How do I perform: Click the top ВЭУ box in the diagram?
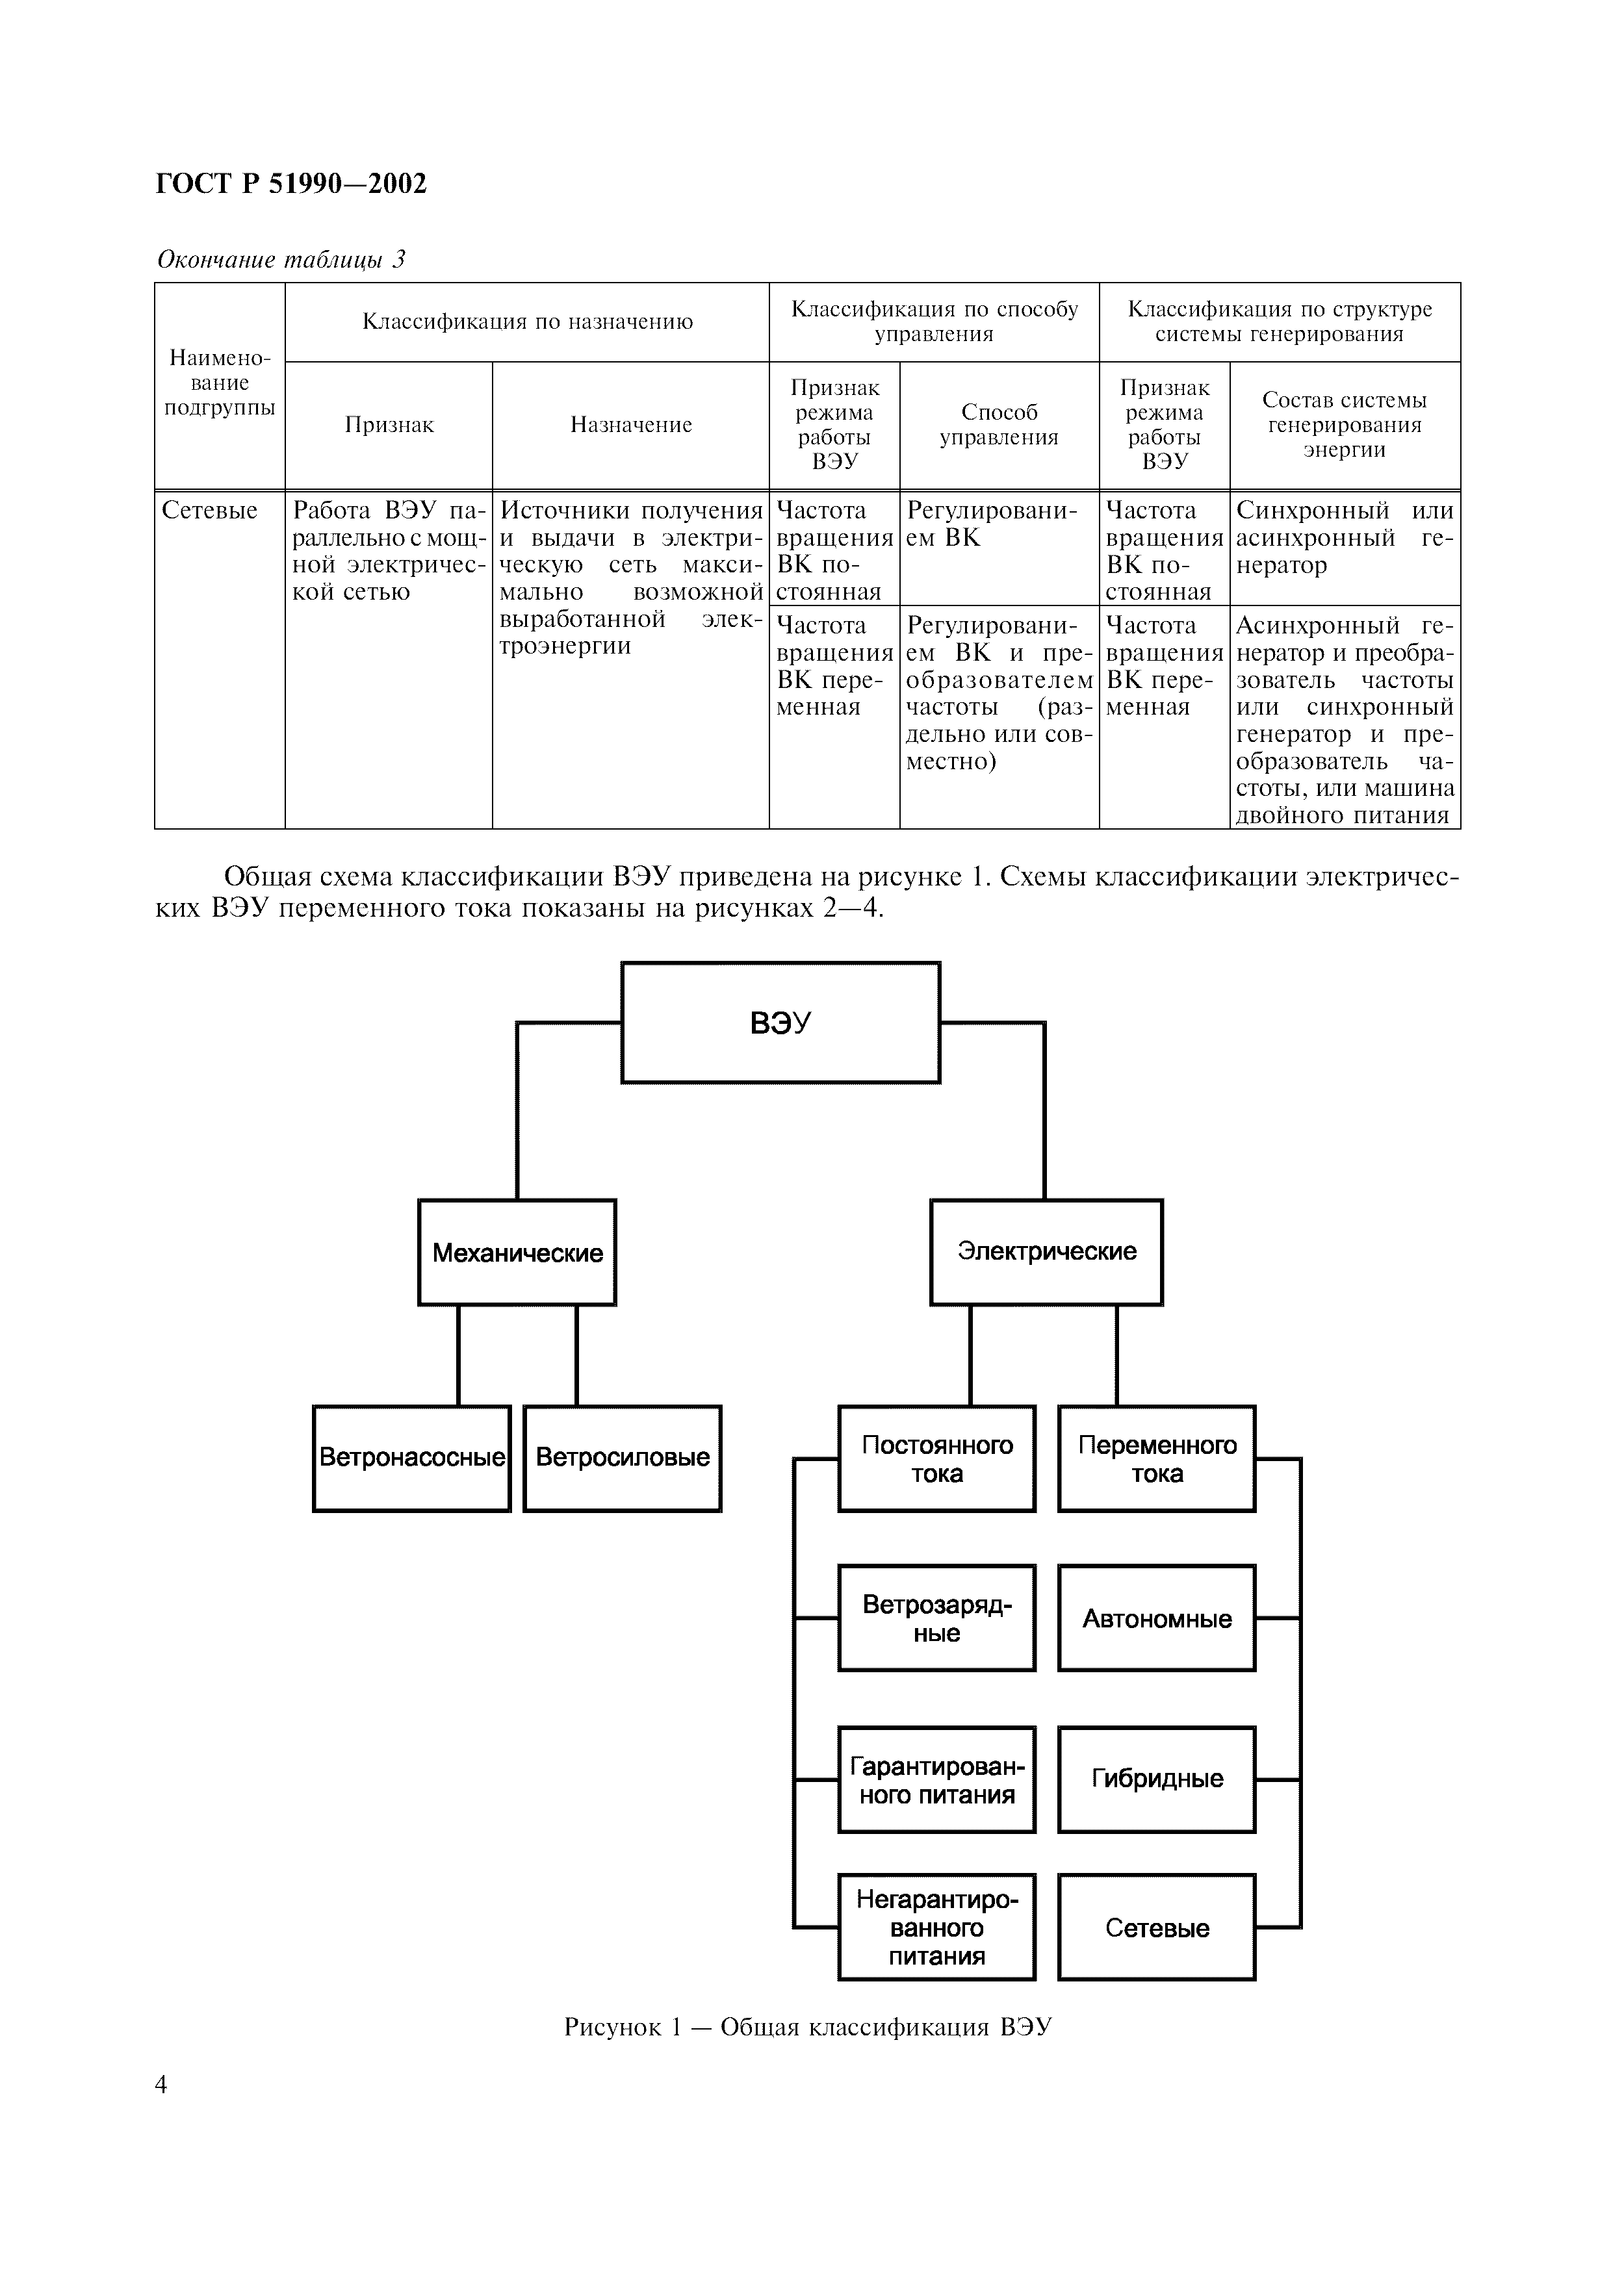coord(780,1023)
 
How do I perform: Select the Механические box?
coord(517,1253)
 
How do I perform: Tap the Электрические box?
coord(1046,1252)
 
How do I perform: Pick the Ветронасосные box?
coord(412,1458)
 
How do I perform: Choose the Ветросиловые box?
coord(623,1458)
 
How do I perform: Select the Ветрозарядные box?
coord(937,1619)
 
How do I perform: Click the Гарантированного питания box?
coord(937,1779)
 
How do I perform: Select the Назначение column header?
coord(630,425)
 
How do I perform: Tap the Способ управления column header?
coord(999,425)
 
